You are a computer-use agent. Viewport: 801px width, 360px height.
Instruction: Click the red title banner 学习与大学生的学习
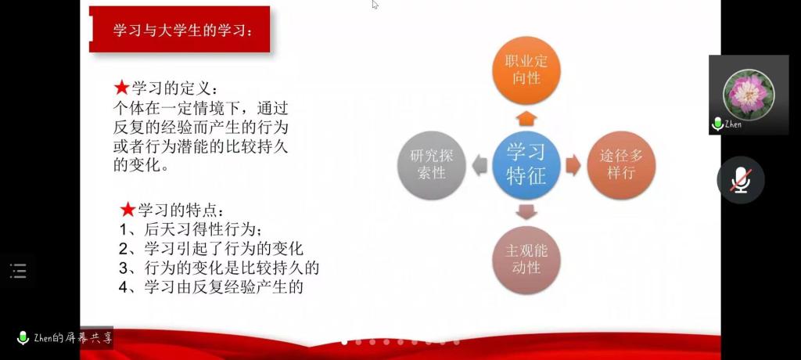179,29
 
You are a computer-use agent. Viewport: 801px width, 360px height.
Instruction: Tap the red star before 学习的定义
121,88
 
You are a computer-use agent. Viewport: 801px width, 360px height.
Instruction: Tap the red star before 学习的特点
128,209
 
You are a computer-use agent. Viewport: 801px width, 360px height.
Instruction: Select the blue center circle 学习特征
526,165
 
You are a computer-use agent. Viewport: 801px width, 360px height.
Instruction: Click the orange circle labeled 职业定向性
526,70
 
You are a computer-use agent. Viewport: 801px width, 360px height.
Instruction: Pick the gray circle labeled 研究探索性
432,165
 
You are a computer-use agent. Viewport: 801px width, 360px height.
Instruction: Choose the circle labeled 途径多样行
621,165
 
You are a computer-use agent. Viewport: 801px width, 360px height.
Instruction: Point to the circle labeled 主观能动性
526,260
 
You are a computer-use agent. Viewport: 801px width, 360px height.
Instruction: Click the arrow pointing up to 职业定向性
526,119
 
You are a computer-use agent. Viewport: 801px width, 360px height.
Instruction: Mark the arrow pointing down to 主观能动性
526,212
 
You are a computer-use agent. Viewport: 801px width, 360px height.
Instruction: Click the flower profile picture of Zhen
749,95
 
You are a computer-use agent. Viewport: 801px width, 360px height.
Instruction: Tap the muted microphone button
741,180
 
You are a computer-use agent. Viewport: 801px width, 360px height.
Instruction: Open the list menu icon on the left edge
18,271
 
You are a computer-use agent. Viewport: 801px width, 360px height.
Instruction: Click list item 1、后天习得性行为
191,229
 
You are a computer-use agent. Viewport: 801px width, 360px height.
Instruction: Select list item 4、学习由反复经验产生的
211,287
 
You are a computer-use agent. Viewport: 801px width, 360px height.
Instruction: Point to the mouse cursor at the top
375,5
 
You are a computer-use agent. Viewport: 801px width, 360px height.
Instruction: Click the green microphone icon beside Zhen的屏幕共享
23,338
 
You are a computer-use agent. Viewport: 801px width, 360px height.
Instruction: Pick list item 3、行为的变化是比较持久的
219,268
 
